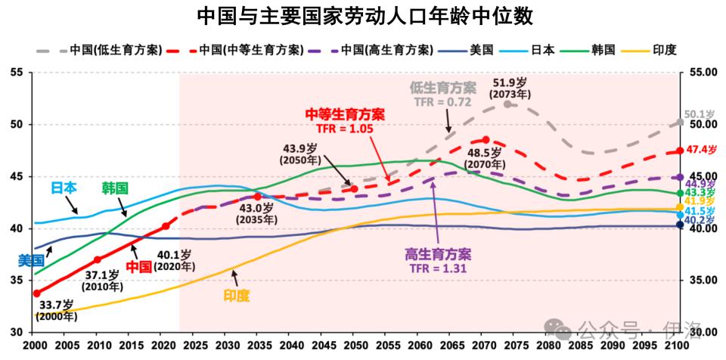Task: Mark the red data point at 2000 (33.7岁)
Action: (36, 293)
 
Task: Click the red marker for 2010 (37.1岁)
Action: (98, 259)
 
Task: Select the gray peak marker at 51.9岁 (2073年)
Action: (507, 104)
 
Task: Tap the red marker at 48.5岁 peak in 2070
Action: (486, 140)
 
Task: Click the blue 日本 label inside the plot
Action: (64, 188)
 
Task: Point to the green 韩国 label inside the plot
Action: (115, 188)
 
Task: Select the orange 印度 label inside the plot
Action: (237, 296)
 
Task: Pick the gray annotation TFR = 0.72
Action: (442, 101)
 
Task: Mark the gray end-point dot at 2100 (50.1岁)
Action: (680, 123)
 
